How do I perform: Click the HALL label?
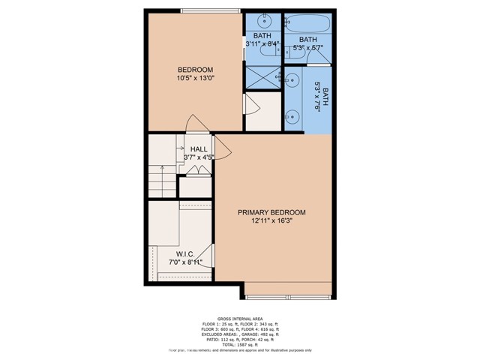199,149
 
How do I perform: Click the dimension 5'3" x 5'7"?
307,49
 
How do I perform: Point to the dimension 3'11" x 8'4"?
262,44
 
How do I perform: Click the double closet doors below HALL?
196,172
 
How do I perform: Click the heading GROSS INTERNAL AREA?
239,319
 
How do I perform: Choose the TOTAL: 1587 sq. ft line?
239,343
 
